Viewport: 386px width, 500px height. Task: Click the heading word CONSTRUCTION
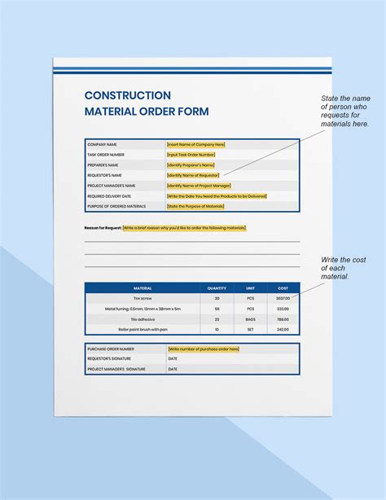pos(128,96)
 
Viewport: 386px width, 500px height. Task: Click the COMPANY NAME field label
pos(103,144)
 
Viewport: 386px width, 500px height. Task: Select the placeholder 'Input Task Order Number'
pos(191,155)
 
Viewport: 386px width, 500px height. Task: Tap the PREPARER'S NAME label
pos(105,164)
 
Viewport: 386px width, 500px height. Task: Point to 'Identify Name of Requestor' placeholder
pos(194,175)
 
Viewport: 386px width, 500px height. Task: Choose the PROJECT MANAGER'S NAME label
pos(112,186)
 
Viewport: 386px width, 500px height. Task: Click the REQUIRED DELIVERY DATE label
pos(111,196)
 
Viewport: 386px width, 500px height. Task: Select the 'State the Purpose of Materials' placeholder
pos(195,207)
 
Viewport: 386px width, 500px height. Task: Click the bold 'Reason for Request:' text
pos(103,228)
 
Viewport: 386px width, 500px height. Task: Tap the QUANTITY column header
pos(217,288)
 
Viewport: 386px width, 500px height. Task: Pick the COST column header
pos(283,288)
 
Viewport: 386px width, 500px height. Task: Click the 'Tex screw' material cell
pos(143,299)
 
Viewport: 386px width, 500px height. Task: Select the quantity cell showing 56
pos(217,309)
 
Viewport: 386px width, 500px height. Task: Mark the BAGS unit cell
pos(250,319)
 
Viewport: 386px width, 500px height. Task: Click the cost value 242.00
pos(283,330)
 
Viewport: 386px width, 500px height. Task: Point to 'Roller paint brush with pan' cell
pos(143,330)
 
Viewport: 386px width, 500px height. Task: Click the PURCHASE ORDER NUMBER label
pos(111,349)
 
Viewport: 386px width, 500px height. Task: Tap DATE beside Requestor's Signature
pos(173,359)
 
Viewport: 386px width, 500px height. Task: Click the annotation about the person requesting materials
pos(344,111)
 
